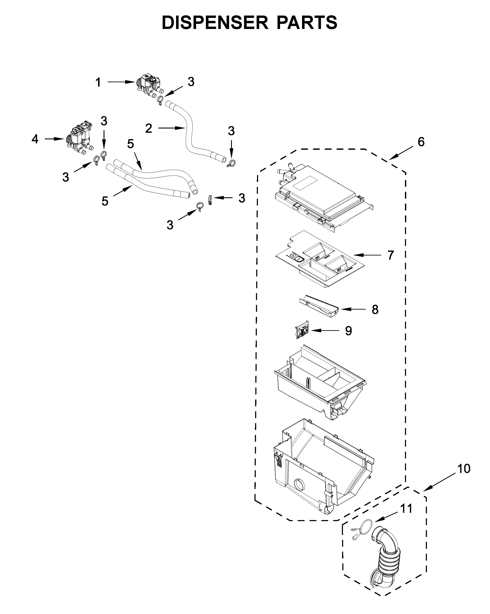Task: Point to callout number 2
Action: pos(148,128)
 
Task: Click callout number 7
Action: pos(390,255)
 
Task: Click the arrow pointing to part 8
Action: pos(353,309)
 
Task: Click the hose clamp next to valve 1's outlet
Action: pos(160,100)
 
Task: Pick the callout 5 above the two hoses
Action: pos(130,144)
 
